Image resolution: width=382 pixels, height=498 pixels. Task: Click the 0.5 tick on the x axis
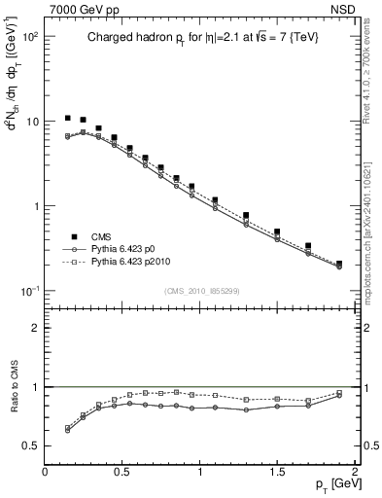[x=122, y=470]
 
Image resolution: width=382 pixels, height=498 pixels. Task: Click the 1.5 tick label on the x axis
[x=277, y=470]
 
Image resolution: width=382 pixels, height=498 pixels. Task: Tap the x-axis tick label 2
[x=355, y=470]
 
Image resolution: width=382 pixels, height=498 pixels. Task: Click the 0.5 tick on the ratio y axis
[x=31, y=445]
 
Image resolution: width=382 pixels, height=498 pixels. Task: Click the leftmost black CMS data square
[x=67, y=118]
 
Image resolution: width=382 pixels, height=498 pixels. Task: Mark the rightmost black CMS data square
[x=339, y=264]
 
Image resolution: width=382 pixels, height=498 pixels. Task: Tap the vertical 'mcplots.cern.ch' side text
[x=373, y=243]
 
